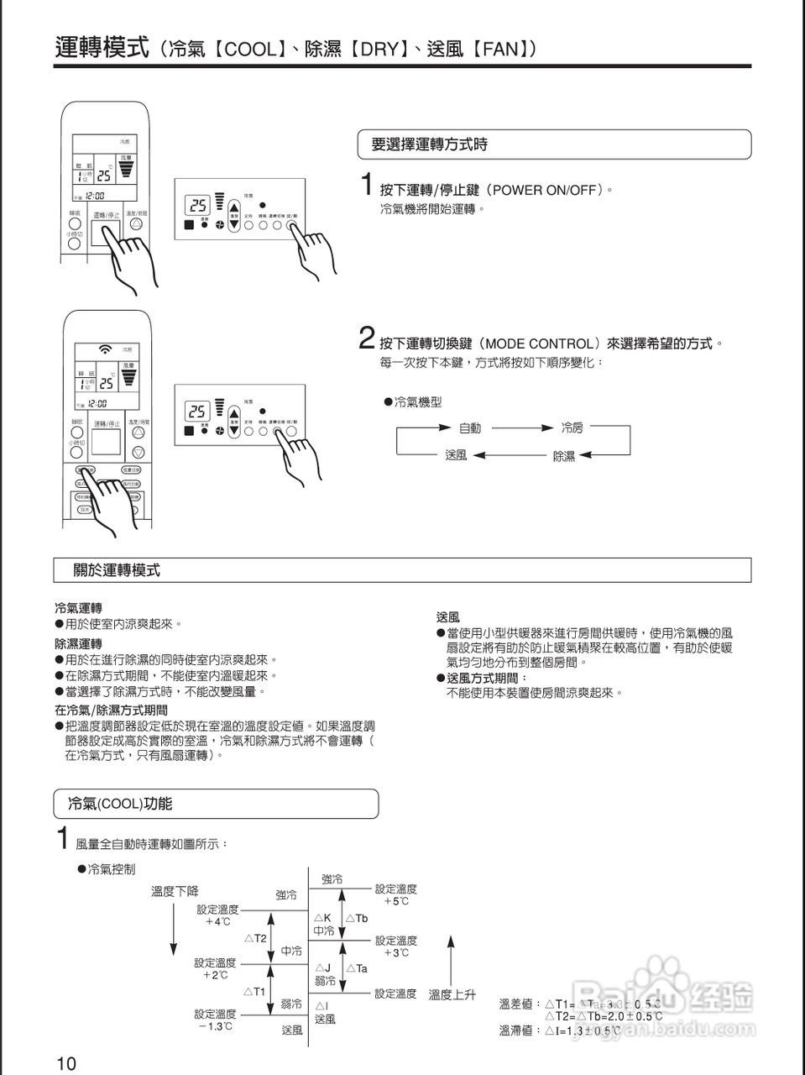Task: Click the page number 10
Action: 66,1063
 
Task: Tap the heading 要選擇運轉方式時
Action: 429,145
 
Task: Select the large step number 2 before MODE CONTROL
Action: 366,338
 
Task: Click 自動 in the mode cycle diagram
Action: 470,428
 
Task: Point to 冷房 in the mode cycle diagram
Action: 572,428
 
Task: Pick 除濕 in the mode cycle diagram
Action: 564,456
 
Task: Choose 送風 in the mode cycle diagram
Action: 456,455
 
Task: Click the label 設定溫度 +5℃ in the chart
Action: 396,894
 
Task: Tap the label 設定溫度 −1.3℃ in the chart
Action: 216,1020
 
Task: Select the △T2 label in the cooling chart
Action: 255,937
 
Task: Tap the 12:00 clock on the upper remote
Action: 93,196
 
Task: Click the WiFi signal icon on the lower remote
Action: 105,349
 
